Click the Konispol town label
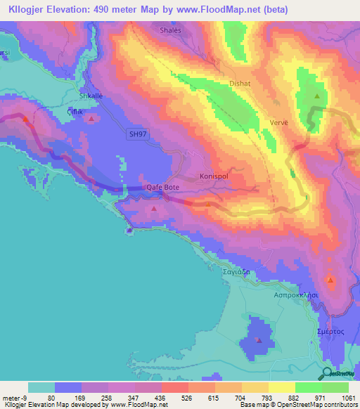point(214,176)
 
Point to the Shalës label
point(170,30)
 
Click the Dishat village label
point(240,83)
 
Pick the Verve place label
point(279,122)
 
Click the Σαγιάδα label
point(237,271)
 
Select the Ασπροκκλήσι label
point(295,296)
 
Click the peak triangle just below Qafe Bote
point(154,208)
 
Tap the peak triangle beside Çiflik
point(92,119)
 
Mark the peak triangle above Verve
point(318,96)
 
